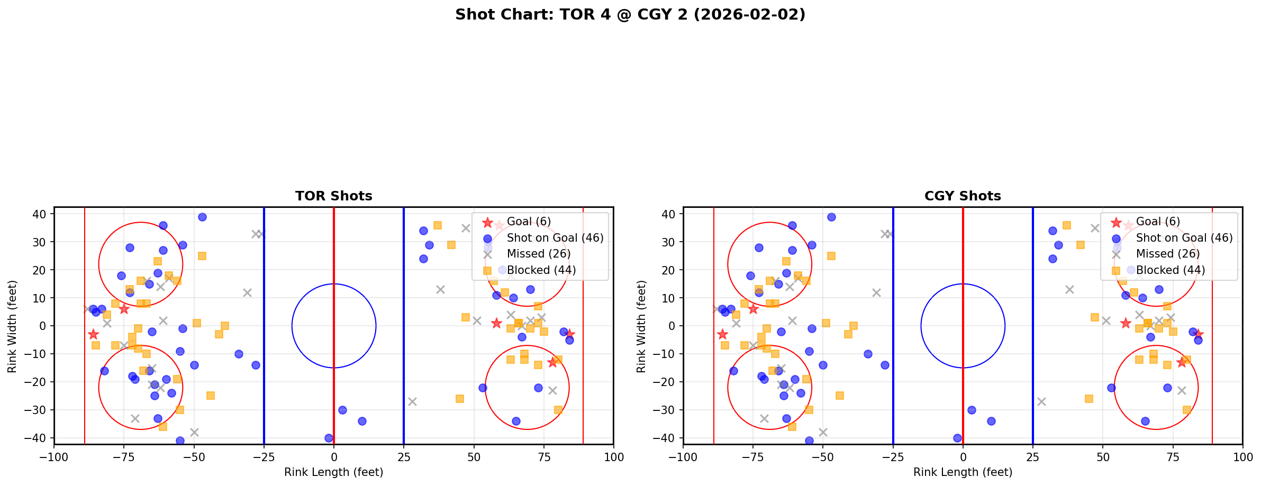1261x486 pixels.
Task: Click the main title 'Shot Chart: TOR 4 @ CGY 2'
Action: [x=630, y=14]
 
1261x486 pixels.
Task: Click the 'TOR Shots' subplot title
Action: [x=333, y=196]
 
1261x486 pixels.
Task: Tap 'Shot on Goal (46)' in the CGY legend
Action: [x=1184, y=238]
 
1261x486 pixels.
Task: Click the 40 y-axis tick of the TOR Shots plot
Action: [x=40, y=214]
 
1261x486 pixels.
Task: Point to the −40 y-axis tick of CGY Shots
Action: [x=666, y=438]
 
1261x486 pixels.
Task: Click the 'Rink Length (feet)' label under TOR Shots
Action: [x=333, y=472]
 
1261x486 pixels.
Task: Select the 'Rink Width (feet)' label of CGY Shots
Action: [x=641, y=326]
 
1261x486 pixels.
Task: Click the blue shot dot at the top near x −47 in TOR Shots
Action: [x=202, y=217]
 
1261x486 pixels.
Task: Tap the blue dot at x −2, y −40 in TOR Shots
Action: [x=328, y=438]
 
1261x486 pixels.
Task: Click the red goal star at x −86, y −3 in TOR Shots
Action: [x=93, y=334]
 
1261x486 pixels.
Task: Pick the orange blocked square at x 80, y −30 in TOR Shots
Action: [x=558, y=410]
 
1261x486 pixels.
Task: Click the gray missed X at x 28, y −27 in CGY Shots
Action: [x=1041, y=401]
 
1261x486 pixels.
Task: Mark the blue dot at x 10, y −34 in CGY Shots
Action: [x=991, y=421]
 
